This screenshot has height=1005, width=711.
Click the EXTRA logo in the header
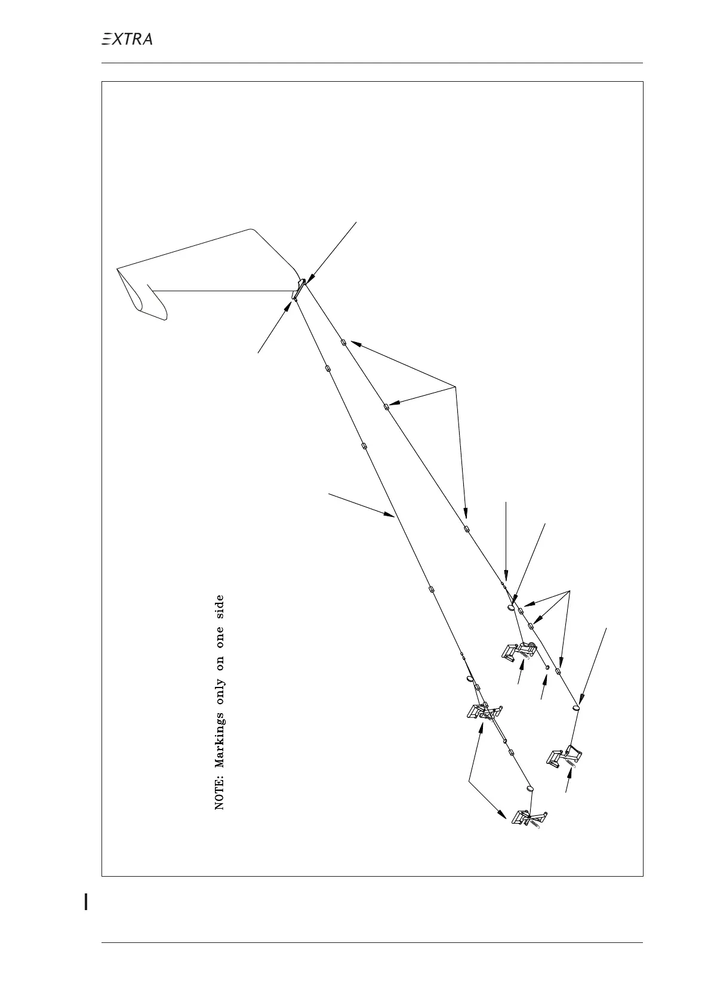(127, 39)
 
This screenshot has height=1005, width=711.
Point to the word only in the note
(220, 675)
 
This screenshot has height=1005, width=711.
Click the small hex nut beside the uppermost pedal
(547, 668)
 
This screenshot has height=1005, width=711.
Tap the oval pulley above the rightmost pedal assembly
(575, 708)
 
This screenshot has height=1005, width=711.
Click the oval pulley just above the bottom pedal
(530, 788)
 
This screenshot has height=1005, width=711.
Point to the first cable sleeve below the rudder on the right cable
(343, 343)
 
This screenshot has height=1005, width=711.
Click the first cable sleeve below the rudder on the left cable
(327, 368)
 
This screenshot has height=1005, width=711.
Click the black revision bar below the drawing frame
(87, 901)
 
